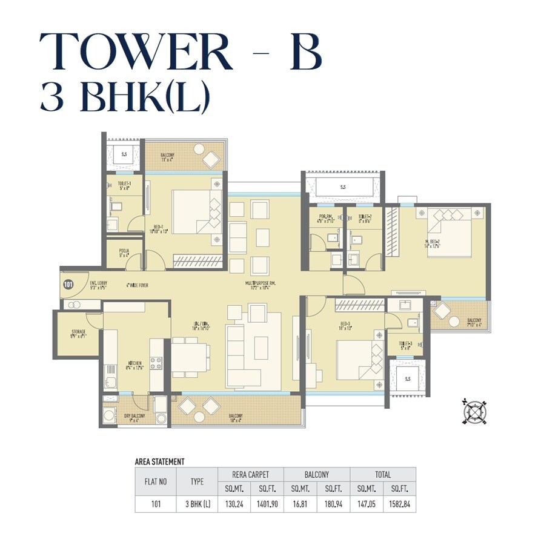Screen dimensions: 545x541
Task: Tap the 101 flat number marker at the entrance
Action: (67, 283)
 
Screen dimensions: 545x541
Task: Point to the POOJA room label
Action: (124, 252)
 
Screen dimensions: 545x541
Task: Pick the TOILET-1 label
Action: (124, 185)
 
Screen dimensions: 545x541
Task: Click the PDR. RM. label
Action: (326, 219)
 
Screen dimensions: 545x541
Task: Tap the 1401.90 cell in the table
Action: (267, 503)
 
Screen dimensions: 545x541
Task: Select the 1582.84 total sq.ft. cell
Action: (400, 503)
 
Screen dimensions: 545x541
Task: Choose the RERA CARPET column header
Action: (251, 474)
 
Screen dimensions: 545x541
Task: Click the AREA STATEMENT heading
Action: (159, 461)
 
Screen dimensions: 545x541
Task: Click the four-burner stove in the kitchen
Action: (156, 363)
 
